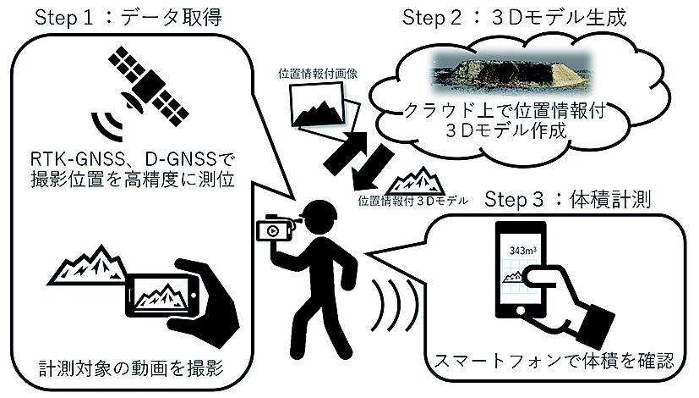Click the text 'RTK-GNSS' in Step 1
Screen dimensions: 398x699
(x=84, y=158)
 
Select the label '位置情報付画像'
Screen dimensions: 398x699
(x=310, y=74)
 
